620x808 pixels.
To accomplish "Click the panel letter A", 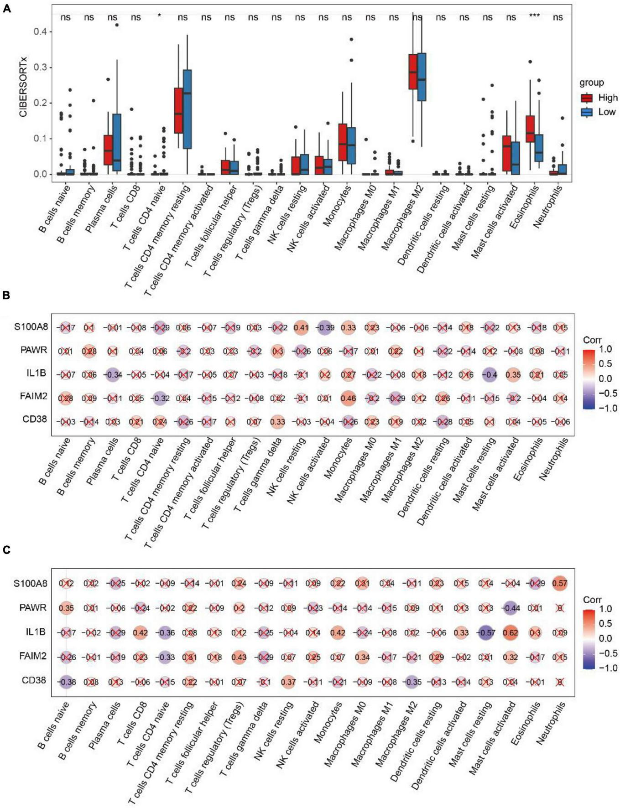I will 6,8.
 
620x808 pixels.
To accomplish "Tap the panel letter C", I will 6,549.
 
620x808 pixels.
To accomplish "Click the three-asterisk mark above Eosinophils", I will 534,16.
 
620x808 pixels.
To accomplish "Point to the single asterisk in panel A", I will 159,17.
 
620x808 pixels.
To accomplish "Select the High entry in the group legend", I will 607,98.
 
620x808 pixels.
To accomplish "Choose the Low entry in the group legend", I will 606,112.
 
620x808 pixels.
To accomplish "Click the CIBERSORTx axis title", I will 23,86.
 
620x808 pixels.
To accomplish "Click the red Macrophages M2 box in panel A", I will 413,72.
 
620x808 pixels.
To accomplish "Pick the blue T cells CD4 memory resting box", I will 187,109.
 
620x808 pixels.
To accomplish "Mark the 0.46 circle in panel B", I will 348,398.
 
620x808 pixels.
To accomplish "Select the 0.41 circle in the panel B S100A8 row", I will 301,327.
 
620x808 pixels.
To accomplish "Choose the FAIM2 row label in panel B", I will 34,396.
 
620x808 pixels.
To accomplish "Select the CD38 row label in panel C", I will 34,680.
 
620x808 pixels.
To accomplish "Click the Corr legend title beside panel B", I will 592,340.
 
